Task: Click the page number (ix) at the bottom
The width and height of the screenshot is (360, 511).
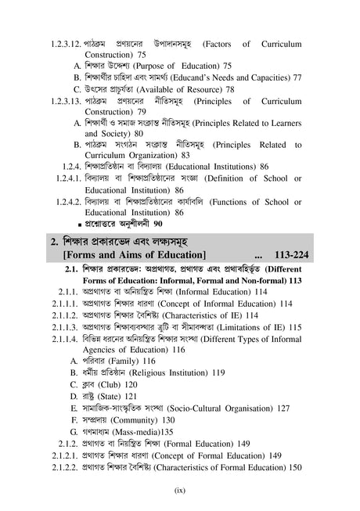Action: click(x=178, y=491)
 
